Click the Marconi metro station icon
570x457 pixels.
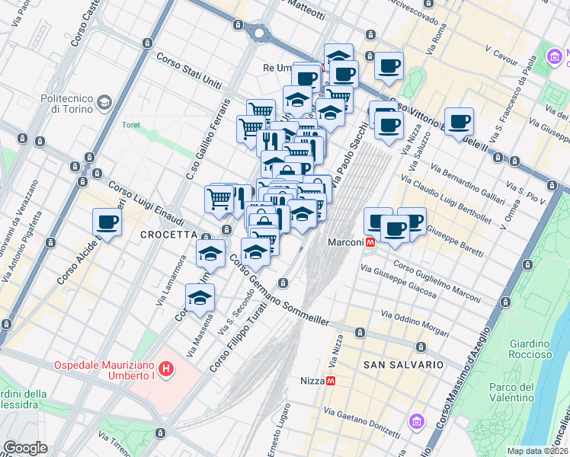pyautogui.click(x=370, y=241)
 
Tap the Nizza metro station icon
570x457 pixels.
pyautogui.click(x=331, y=381)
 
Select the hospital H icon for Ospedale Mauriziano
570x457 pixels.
pyautogui.click(x=166, y=371)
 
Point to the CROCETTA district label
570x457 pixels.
pyautogui.click(x=169, y=235)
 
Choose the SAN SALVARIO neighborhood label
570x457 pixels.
pyautogui.click(x=403, y=365)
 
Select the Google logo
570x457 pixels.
pyautogui.click(x=25, y=448)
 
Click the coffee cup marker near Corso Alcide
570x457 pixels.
pyautogui.click(x=107, y=222)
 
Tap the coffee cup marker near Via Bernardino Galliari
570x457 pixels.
pyautogui.click(x=459, y=121)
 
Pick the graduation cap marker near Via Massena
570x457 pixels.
pyautogui.click(x=200, y=298)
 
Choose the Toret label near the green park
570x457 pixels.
pyautogui.click(x=131, y=125)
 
